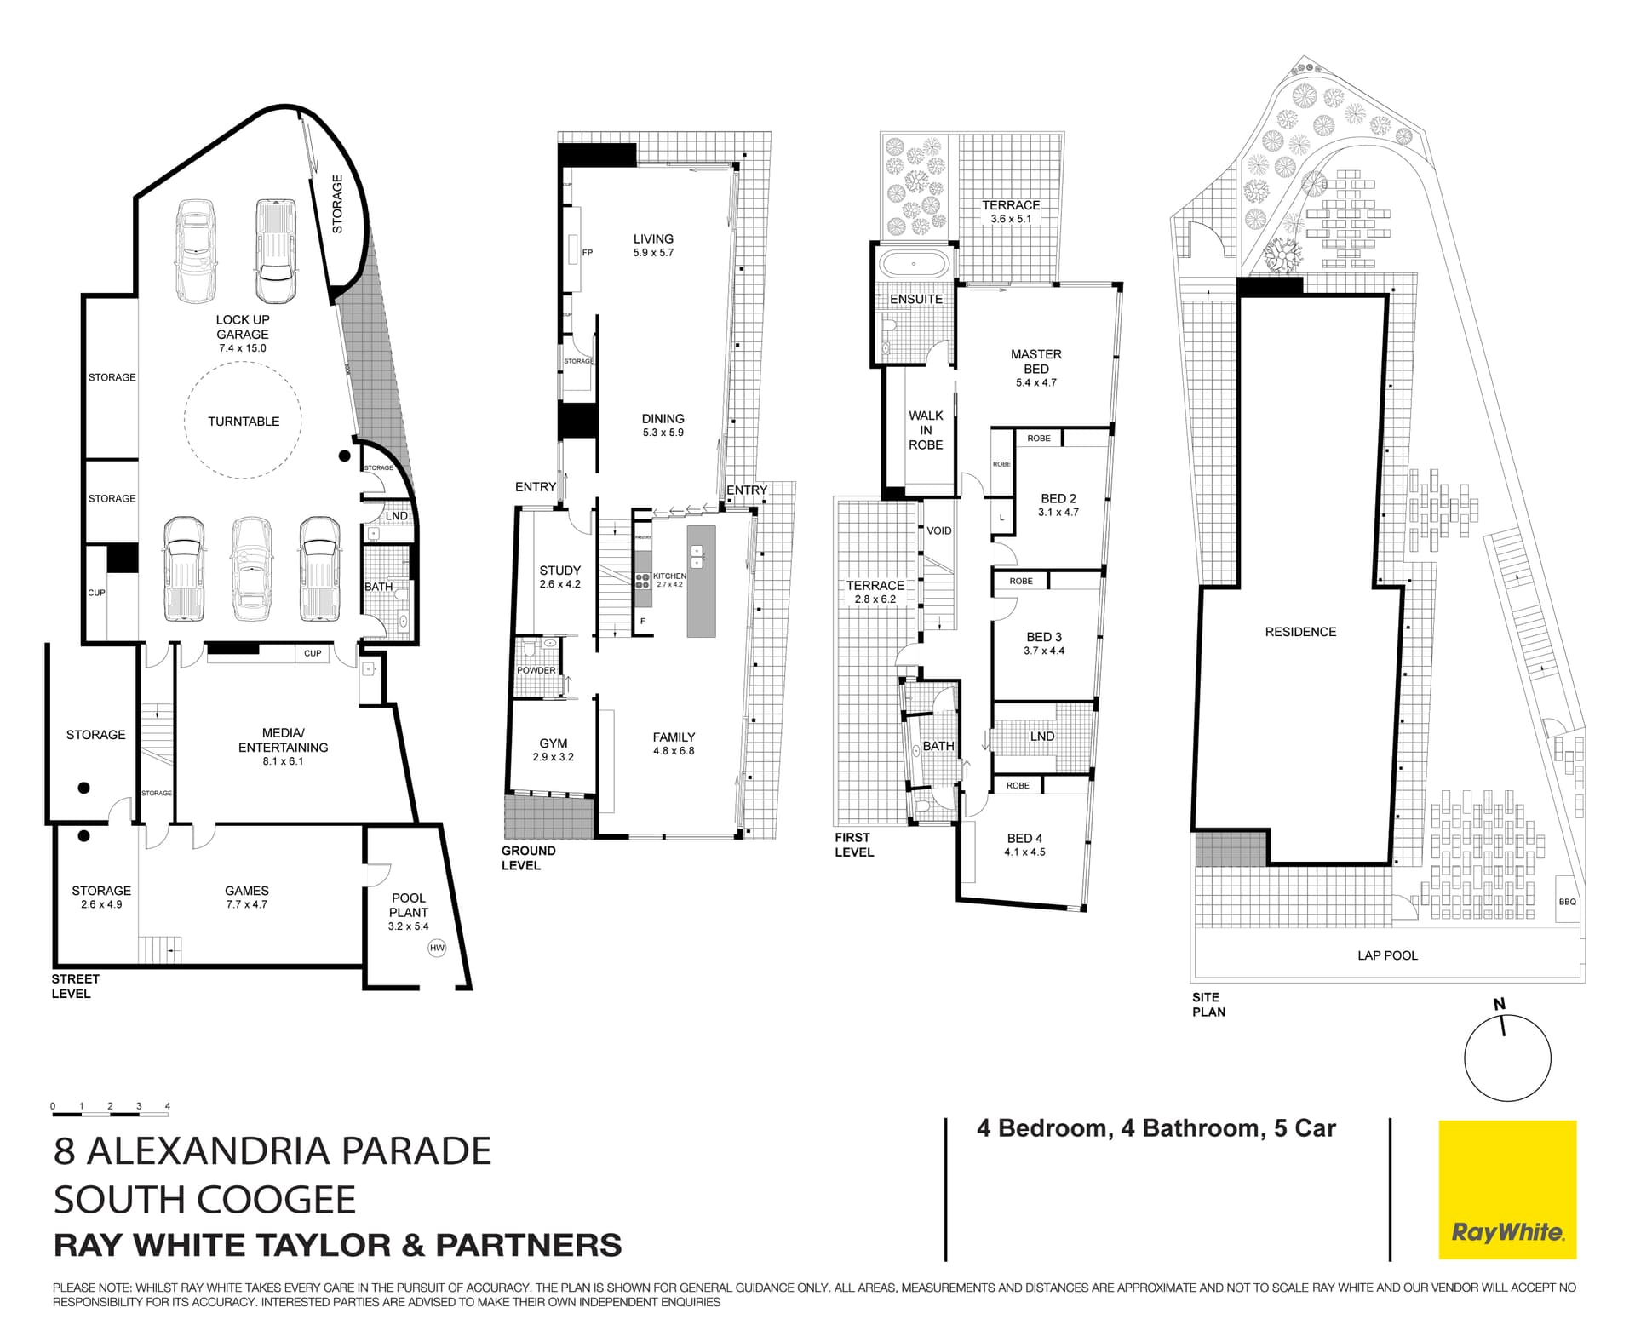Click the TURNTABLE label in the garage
click(244, 422)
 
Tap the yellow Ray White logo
click(1507, 1190)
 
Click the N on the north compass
click(1500, 1004)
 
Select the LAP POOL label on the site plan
click(1387, 955)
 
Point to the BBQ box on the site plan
click(1567, 902)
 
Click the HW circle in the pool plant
click(437, 948)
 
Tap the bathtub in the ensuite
click(914, 264)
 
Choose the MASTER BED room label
click(1035, 361)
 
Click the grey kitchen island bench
click(701, 581)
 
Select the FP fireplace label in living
click(587, 253)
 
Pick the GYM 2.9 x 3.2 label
click(554, 749)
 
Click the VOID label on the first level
click(938, 530)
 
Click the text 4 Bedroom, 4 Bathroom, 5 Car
click(1156, 1128)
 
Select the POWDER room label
click(536, 670)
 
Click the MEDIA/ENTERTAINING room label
click(283, 740)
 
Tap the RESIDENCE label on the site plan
click(1300, 632)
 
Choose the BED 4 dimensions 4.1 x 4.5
click(1024, 852)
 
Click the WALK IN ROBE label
click(926, 430)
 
